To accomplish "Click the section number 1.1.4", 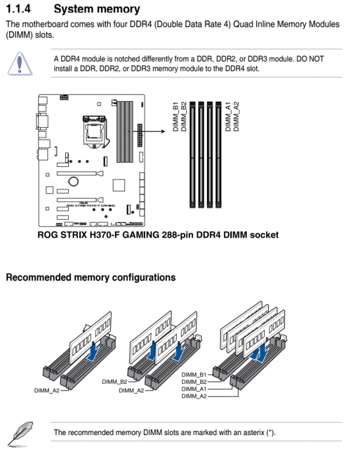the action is tap(18, 9).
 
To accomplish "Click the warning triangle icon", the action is tap(19, 63).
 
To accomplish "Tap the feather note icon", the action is tap(20, 434).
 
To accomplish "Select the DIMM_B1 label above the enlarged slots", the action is tap(175, 116).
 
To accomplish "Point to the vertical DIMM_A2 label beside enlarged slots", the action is tap(236, 116).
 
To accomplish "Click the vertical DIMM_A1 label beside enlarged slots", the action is tap(228, 116).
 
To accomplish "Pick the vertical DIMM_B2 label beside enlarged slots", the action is tap(184, 116).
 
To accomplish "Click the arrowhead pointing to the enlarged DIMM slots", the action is tap(163, 131).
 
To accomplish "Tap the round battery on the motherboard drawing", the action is tap(73, 181).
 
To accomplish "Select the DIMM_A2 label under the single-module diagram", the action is tap(47, 391).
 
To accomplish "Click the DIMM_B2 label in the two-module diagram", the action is tap(115, 381).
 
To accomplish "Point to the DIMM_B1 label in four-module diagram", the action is tap(194, 375).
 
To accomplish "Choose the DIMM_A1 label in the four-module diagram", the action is tap(194, 389).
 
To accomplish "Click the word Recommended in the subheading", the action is tap(38, 277).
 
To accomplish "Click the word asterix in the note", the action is tap(253, 433).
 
